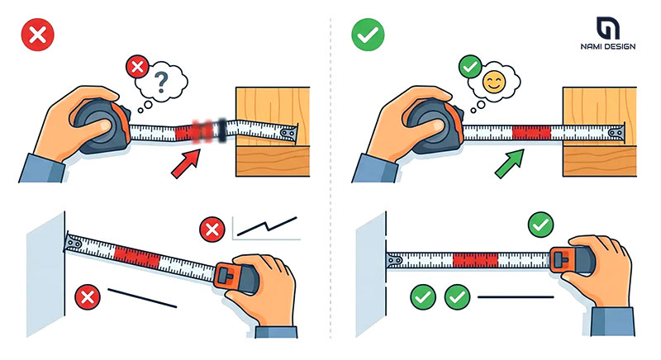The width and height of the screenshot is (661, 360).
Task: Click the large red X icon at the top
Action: click(x=38, y=35)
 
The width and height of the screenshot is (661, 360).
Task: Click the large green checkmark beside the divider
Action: click(x=368, y=35)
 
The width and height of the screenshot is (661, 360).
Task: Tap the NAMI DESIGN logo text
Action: click(x=608, y=46)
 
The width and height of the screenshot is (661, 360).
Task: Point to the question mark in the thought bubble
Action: click(x=161, y=82)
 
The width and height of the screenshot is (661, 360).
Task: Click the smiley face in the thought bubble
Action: click(x=494, y=82)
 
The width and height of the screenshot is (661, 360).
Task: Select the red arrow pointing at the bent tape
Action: click(x=185, y=163)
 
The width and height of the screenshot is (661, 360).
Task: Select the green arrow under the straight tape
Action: click(x=510, y=163)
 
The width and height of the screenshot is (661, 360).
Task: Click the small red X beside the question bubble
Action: click(x=137, y=67)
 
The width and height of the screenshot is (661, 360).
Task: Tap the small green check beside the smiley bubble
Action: click(x=470, y=67)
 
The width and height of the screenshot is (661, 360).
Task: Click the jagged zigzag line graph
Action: click(x=267, y=226)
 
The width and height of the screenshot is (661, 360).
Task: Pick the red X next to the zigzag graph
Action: click(x=212, y=230)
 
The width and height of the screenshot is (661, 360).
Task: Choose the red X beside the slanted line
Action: click(x=88, y=298)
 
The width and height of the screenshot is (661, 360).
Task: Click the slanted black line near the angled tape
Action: click(x=142, y=298)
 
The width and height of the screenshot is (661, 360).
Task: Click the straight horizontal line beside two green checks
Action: click(x=516, y=297)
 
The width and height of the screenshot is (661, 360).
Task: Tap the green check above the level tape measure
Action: click(x=541, y=225)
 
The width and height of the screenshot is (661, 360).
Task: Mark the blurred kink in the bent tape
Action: click(x=207, y=130)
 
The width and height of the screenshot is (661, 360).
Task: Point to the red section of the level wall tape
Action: click(x=476, y=260)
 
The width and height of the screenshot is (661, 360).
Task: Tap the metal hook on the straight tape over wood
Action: click(x=617, y=133)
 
